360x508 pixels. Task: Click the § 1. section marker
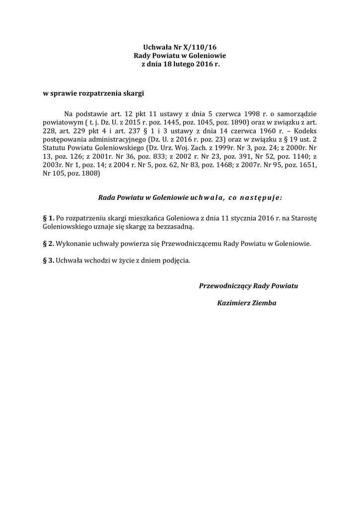coord(48,218)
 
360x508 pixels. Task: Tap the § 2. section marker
coord(48,244)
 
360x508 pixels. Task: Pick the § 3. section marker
coord(48,260)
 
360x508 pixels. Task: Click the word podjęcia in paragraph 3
coord(174,260)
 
